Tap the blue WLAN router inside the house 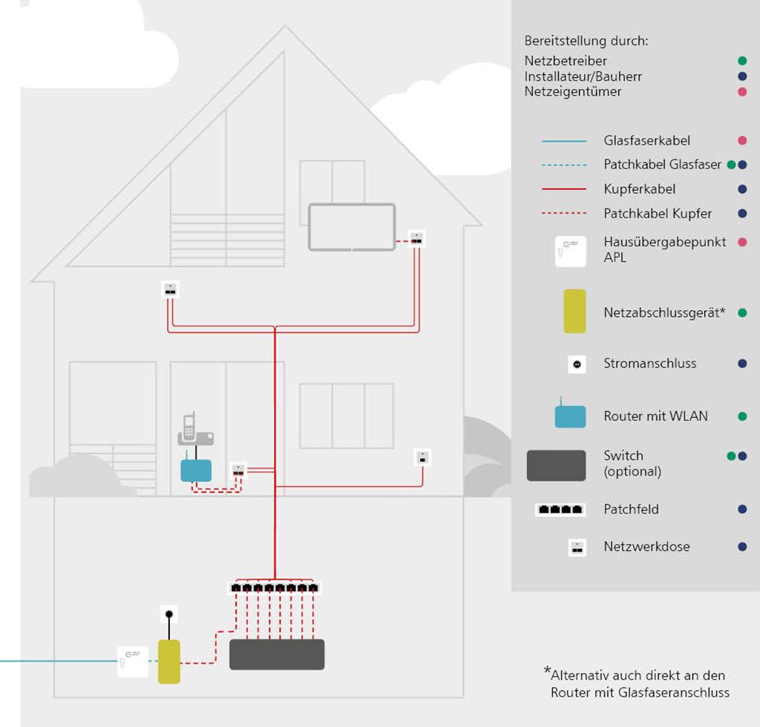196,470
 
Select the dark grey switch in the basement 277,654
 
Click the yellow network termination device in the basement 169,662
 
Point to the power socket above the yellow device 169,614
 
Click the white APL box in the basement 133,662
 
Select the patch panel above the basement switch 275,588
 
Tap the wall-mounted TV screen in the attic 352,226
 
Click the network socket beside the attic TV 418,238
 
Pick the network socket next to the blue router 238,470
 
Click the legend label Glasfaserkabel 646,140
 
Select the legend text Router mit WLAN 655,416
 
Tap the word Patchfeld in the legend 631,510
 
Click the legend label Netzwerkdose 646,547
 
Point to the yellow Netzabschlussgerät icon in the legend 574,312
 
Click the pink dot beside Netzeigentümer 741,92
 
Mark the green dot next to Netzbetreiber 741,61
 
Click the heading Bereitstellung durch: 586,41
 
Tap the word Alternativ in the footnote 580,676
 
